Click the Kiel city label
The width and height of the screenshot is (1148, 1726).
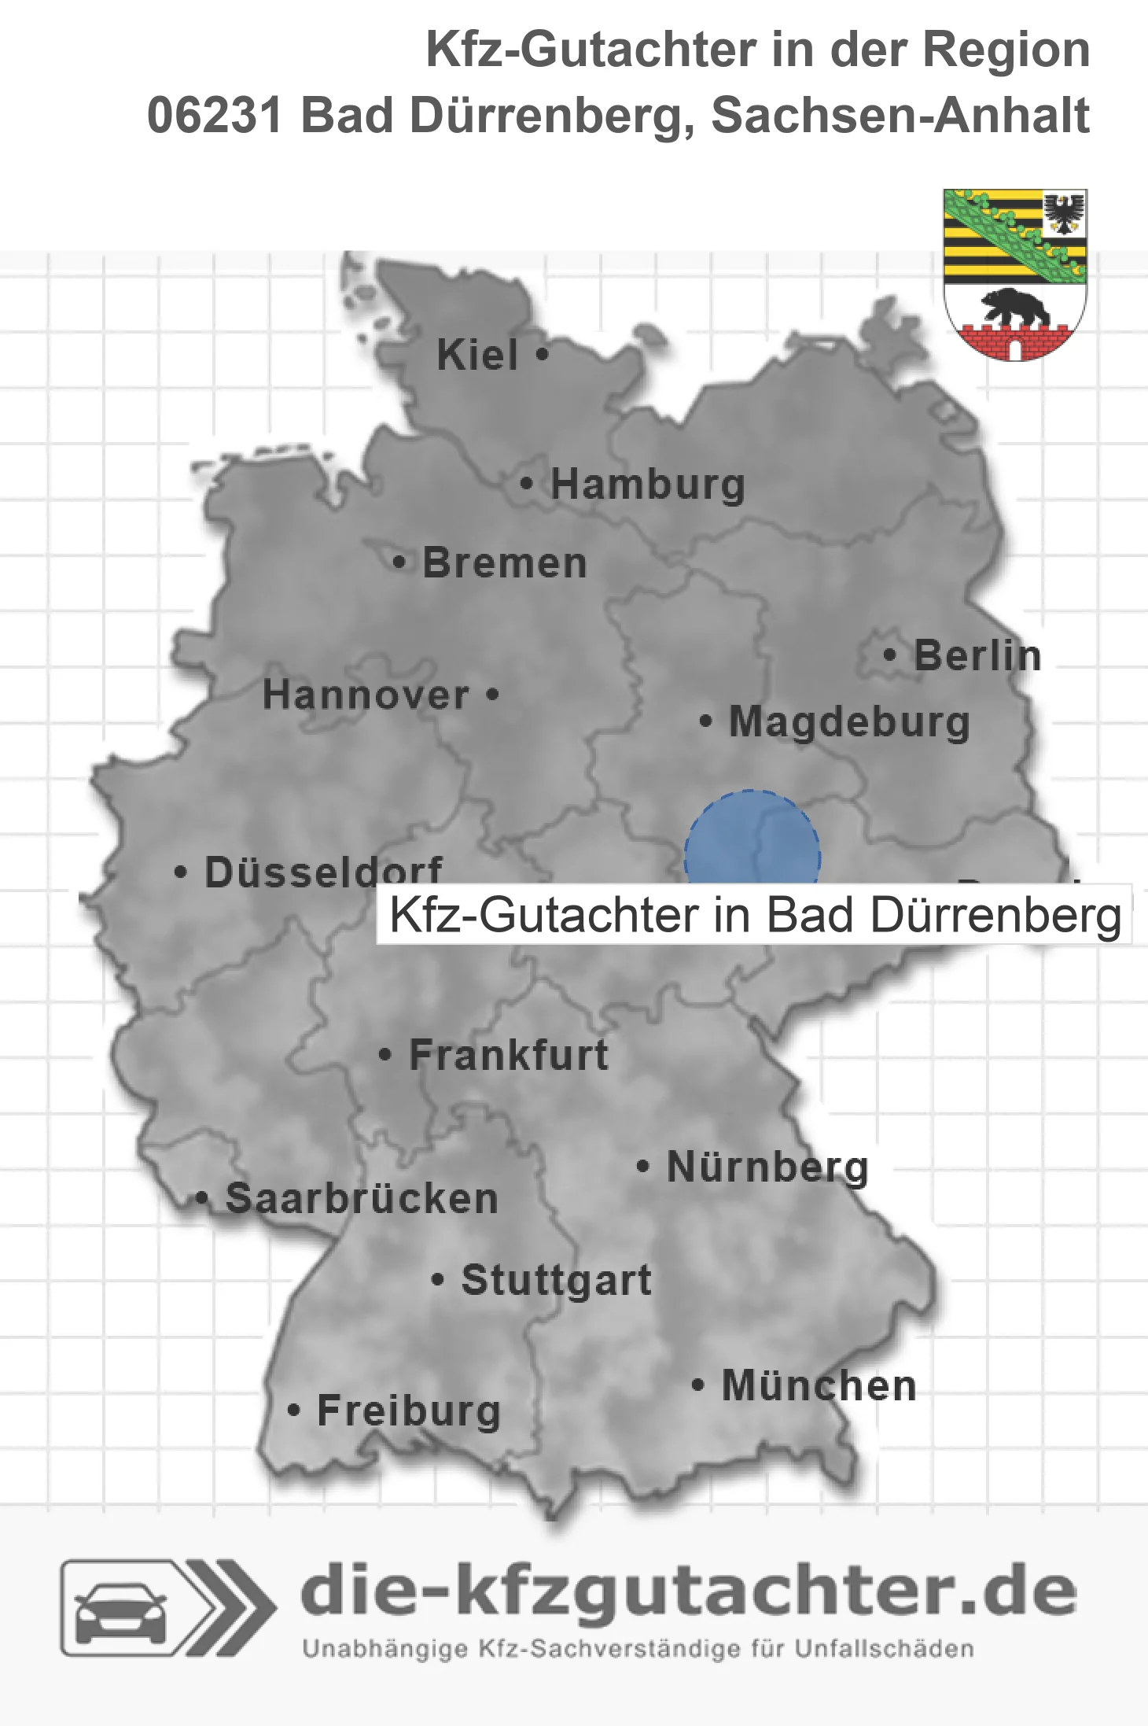pyautogui.click(x=477, y=355)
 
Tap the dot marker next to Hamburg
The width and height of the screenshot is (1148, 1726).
pyautogui.click(x=527, y=483)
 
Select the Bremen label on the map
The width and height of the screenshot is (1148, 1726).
pyautogui.click(x=505, y=563)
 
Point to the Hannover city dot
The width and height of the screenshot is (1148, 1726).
pyautogui.click(x=493, y=695)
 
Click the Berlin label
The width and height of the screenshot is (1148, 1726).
pyautogui.click(x=977, y=655)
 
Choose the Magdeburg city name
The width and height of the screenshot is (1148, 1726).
pyautogui.click(x=849, y=721)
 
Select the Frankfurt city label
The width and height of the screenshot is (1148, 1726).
pyautogui.click(x=509, y=1055)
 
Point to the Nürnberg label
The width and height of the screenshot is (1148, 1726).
pyautogui.click(x=767, y=1167)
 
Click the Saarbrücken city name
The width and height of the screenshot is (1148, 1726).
pyautogui.click(x=362, y=1199)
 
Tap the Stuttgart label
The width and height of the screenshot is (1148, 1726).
pyautogui.click(x=556, y=1280)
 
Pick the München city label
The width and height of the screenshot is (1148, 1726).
pyautogui.click(x=819, y=1385)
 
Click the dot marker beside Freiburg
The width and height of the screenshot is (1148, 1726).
pyautogui.click(x=294, y=1411)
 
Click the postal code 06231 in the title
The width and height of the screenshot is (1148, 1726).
pyautogui.click(x=214, y=116)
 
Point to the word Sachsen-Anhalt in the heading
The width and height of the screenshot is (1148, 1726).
pyautogui.click(x=900, y=116)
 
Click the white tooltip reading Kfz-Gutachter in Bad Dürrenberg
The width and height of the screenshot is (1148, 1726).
pyautogui.click(x=753, y=915)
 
